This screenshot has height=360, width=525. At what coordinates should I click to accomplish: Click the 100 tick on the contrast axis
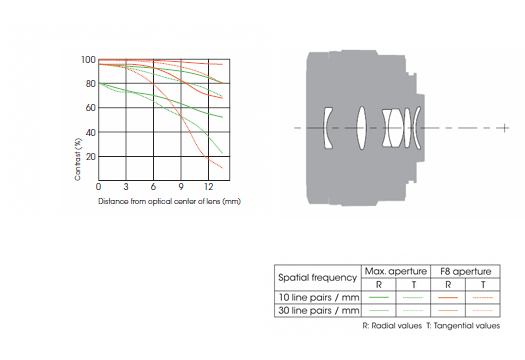coord(88,60)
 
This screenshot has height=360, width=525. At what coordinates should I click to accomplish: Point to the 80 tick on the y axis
coord(91,83)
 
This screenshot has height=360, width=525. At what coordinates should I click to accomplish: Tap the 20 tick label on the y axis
coord(91,156)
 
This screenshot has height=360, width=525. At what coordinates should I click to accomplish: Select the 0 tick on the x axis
coord(98,187)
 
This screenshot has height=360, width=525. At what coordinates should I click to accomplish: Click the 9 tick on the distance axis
coord(181,187)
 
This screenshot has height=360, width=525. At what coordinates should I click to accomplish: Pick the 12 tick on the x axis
coord(208,187)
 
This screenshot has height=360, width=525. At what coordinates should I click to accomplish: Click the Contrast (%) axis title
coord(78,159)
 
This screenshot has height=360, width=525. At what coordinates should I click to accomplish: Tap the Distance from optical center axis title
coord(169,201)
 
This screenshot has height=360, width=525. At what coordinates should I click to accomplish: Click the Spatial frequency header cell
coord(317,278)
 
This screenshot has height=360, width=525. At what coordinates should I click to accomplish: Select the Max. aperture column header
coord(396,271)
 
